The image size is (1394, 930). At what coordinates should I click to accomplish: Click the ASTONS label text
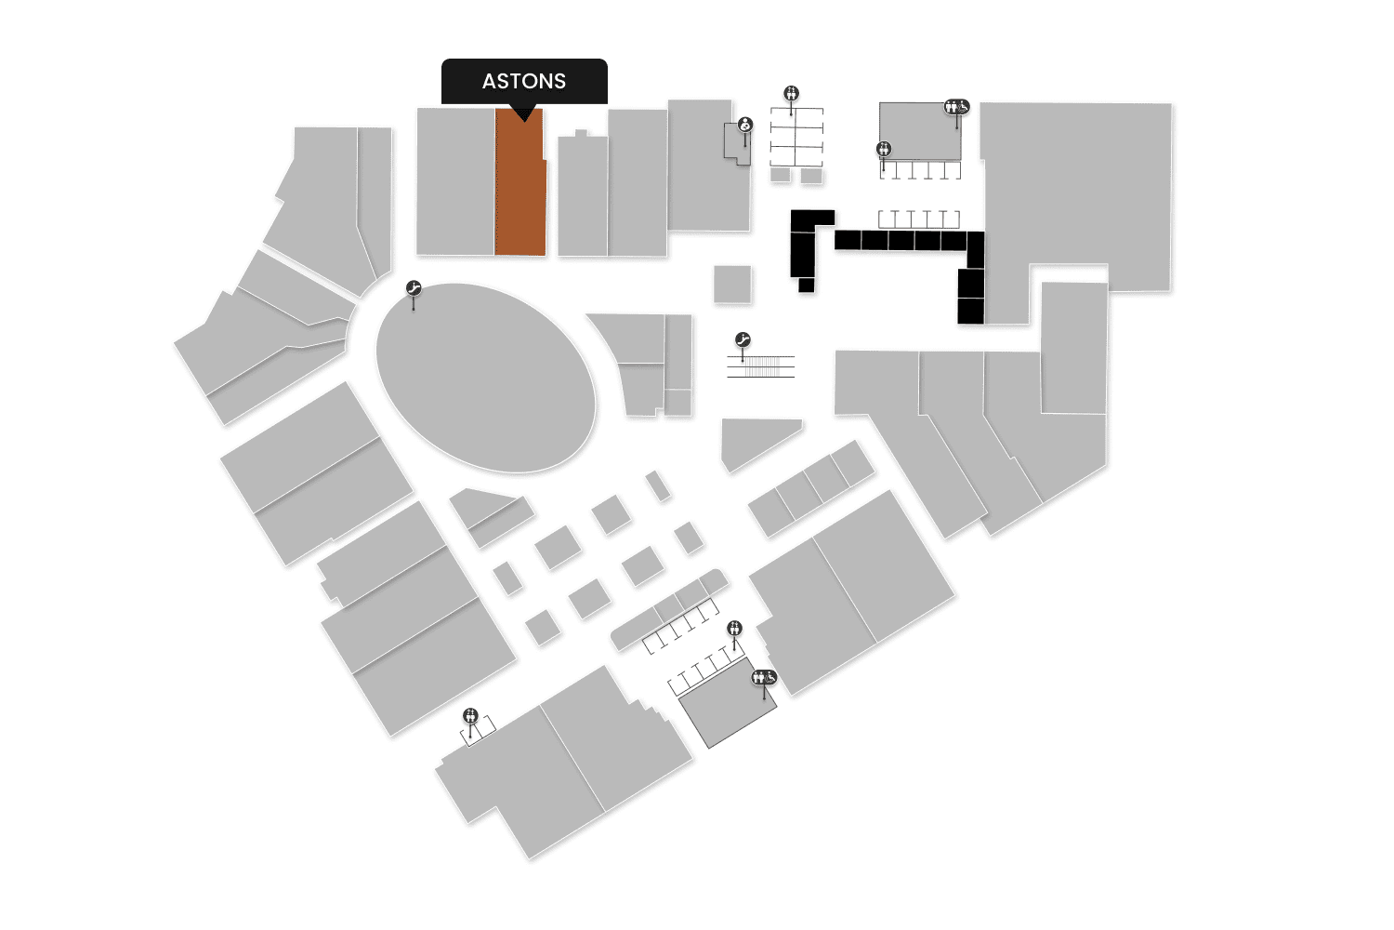point(523,81)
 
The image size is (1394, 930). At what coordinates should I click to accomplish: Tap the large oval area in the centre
point(485,377)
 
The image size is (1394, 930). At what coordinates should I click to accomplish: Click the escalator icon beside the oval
point(414,288)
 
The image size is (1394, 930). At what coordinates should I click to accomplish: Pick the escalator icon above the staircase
point(742,339)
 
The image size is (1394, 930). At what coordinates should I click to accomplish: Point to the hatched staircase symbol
point(761,366)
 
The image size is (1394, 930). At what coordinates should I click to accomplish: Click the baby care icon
point(745,125)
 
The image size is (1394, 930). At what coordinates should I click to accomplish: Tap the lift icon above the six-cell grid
point(791,93)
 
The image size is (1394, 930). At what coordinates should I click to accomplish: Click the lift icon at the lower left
point(470,715)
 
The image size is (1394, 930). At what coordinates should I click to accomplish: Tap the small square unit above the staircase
point(732,284)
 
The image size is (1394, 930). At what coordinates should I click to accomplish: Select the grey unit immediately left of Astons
point(454,181)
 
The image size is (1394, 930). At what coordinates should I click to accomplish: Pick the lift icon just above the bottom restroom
point(735,629)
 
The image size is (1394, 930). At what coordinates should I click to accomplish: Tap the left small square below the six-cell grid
point(780,175)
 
